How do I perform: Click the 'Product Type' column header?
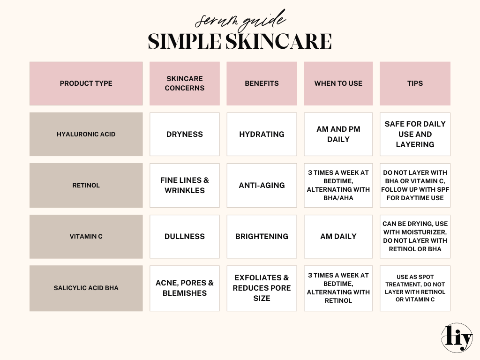point(86,83)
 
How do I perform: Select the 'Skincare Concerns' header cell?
point(185,83)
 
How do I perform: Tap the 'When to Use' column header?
point(338,83)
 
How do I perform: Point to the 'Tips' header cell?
point(415,83)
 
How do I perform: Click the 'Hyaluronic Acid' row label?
point(86,134)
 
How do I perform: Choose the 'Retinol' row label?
point(86,185)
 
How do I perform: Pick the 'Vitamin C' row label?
point(86,236)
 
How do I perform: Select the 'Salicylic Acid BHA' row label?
point(86,288)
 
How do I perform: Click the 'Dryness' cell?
point(185,134)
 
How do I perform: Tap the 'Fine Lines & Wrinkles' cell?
point(185,185)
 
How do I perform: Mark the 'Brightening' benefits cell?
point(262,236)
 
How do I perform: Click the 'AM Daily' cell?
point(338,236)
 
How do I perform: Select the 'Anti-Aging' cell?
point(262,185)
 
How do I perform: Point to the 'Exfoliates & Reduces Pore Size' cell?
point(262,288)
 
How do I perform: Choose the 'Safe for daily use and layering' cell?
point(415,134)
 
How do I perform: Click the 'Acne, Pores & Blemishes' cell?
point(185,288)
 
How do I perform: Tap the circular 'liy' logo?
point(457,338)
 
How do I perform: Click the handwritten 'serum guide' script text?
point(240,20)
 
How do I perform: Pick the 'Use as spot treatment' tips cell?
point(415,288)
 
